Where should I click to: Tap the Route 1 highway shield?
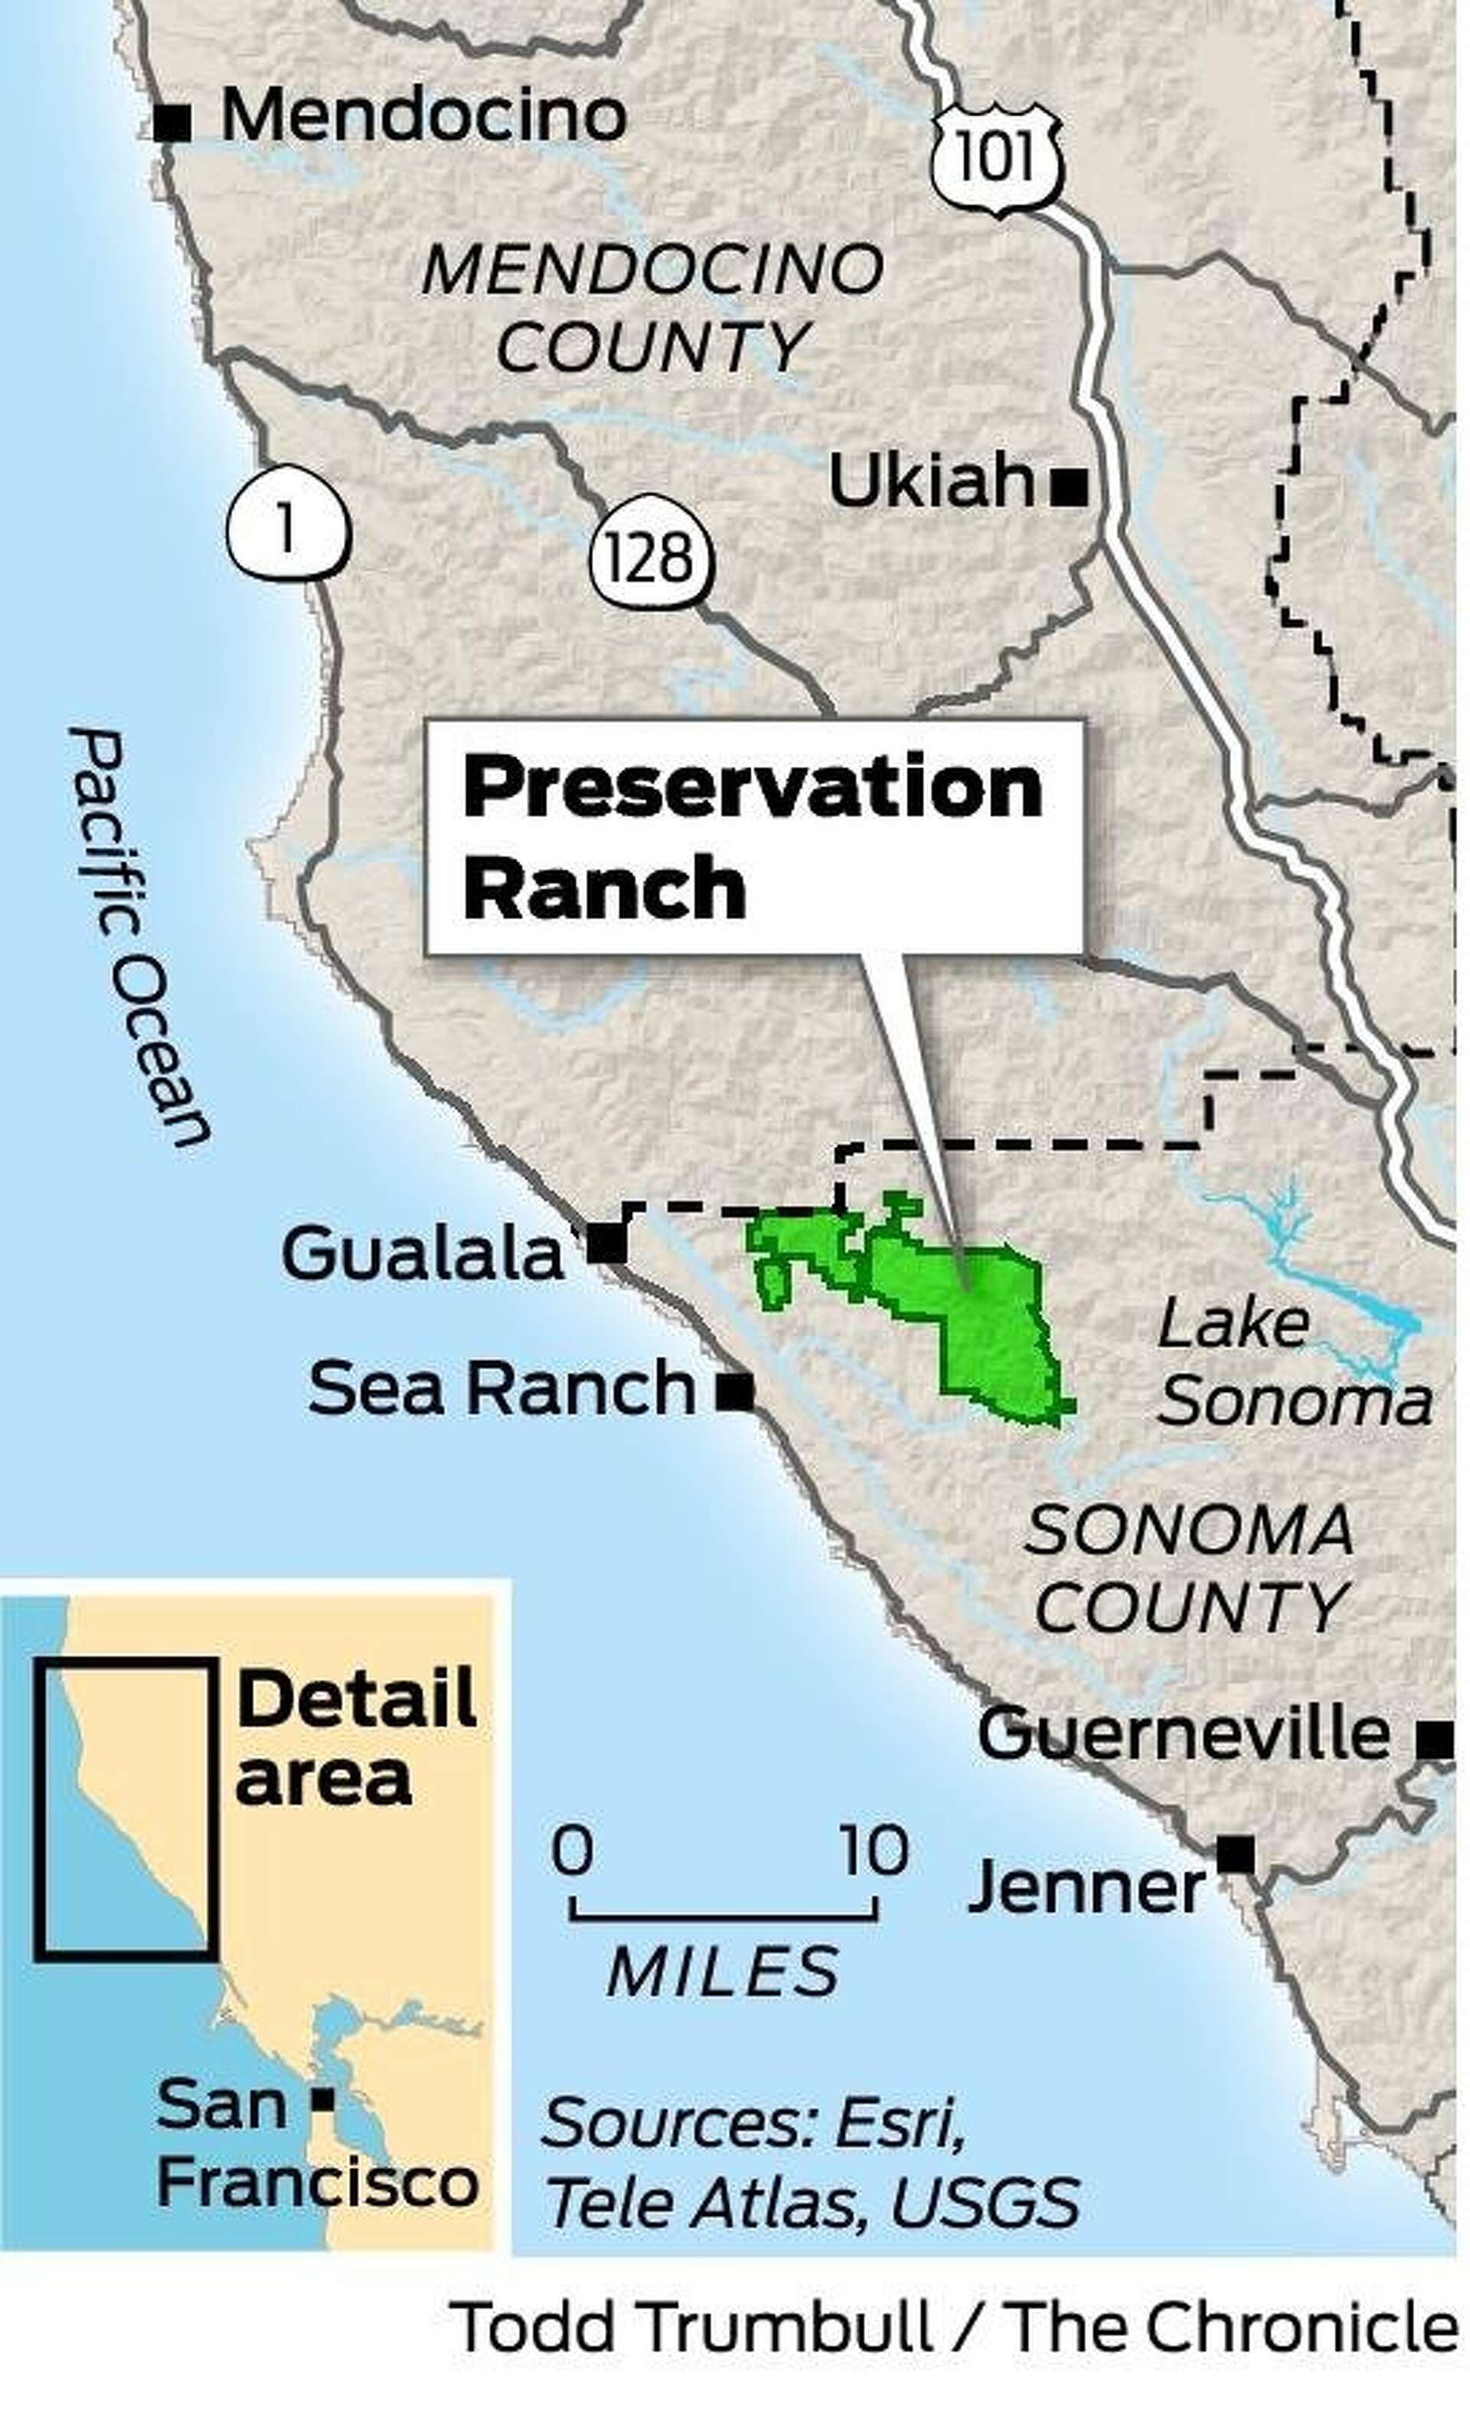pyautogui.click(x=287, y=528)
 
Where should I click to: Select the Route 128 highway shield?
pyautogui.click(x=650, y=558)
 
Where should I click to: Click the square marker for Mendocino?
pyautogui.click(x=174, y=123)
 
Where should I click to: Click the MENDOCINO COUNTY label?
pyautogui.click(x=652, y=309)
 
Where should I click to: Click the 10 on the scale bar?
pyautogui.click(x=874, y=1849)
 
